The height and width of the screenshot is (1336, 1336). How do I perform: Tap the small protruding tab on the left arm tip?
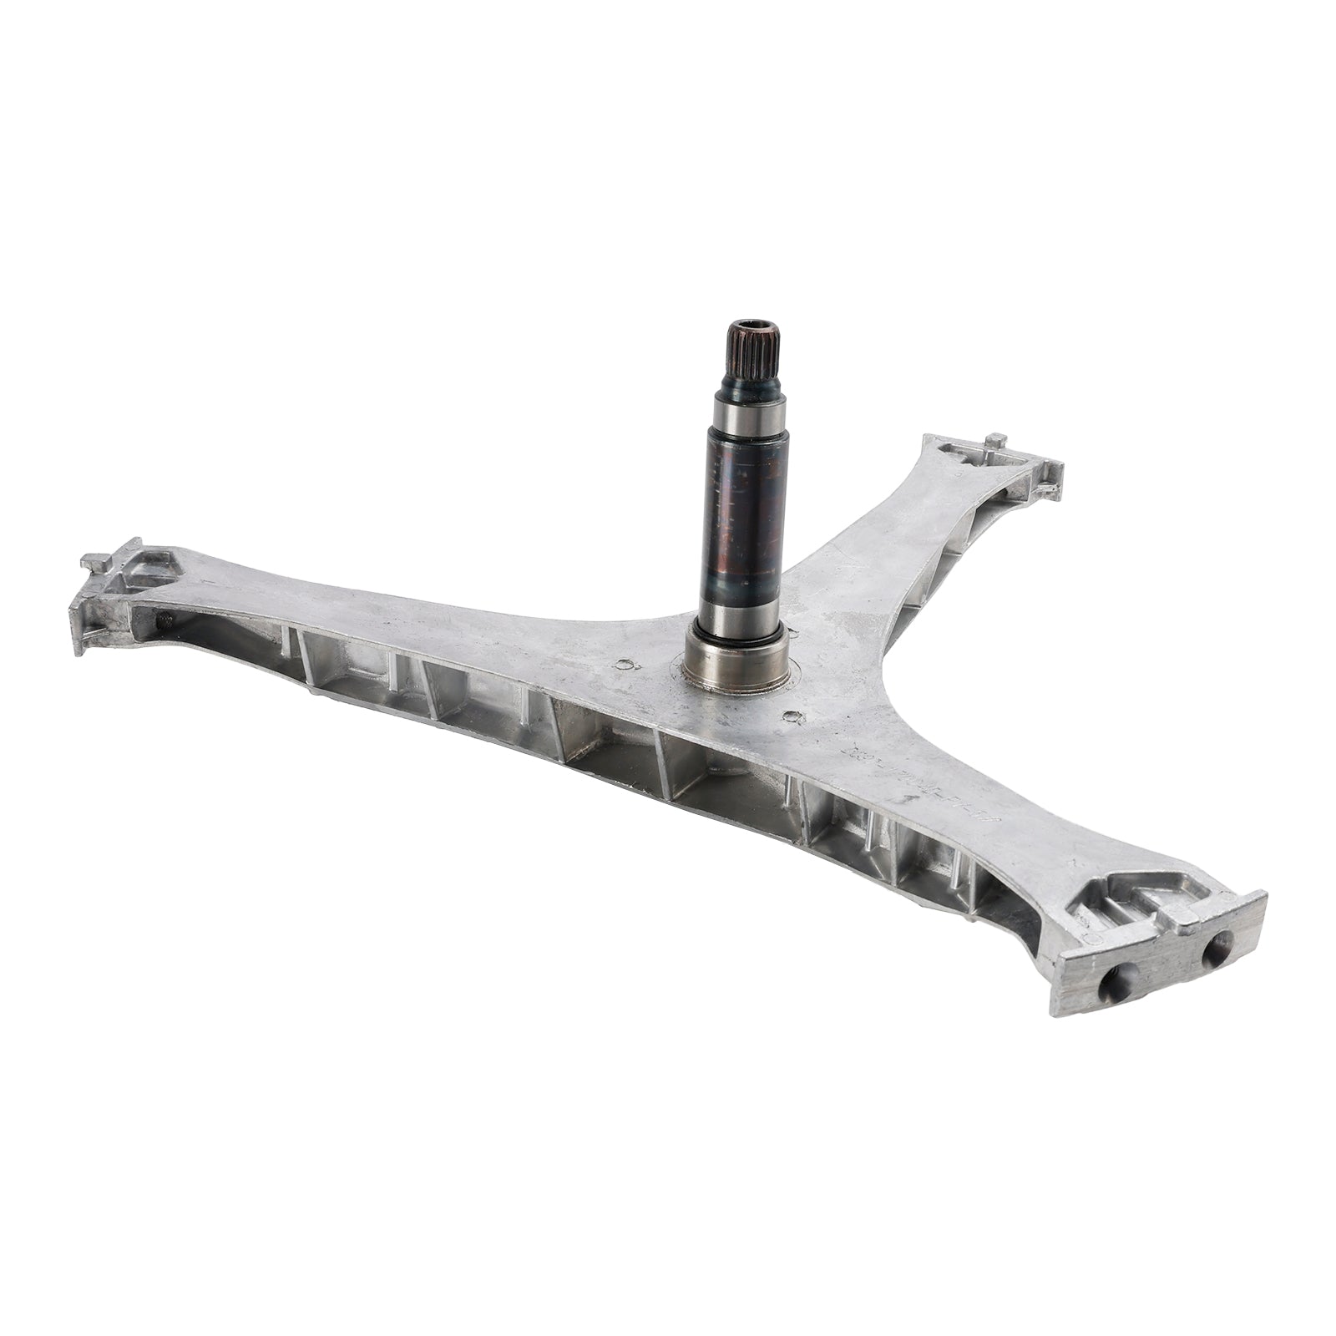94,559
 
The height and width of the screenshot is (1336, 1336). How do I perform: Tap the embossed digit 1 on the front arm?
908,796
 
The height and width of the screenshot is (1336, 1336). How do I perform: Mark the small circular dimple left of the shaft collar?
621,665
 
